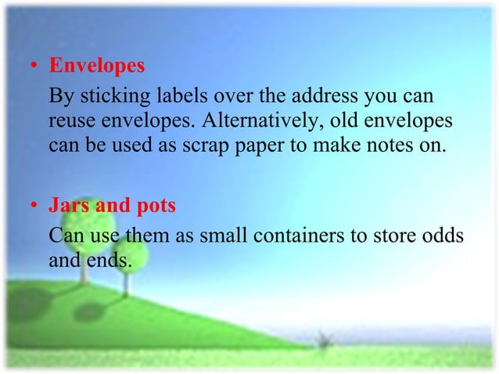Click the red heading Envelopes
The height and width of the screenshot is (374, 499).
[97, 66]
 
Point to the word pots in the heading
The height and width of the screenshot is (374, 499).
[156, 208]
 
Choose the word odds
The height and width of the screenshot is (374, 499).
[440, 236]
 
